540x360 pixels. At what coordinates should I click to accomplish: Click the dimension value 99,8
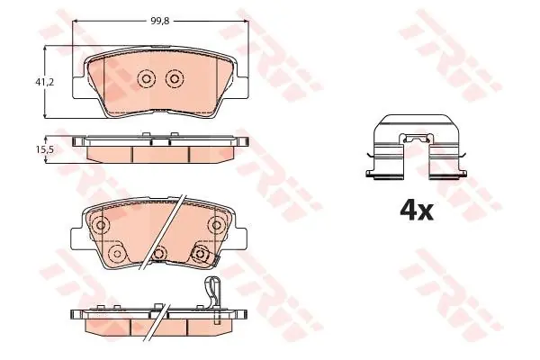click(x=160, y=21)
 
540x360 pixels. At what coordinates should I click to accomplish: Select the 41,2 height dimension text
click(x=45, y=82)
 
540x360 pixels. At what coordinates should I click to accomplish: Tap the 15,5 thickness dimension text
click(x=45, y=149)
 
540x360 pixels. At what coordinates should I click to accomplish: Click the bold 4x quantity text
click(x=417, y=211)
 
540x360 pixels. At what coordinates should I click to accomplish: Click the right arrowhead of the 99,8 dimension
click(x=245, y=22)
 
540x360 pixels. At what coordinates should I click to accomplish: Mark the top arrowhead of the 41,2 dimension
click(x=45, y=49)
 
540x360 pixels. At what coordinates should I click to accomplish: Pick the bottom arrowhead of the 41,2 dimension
click(x=45, y=115)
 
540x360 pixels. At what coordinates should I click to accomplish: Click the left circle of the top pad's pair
click(x=146, y=79)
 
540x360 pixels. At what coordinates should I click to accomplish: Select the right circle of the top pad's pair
click(x=175, y=79)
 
